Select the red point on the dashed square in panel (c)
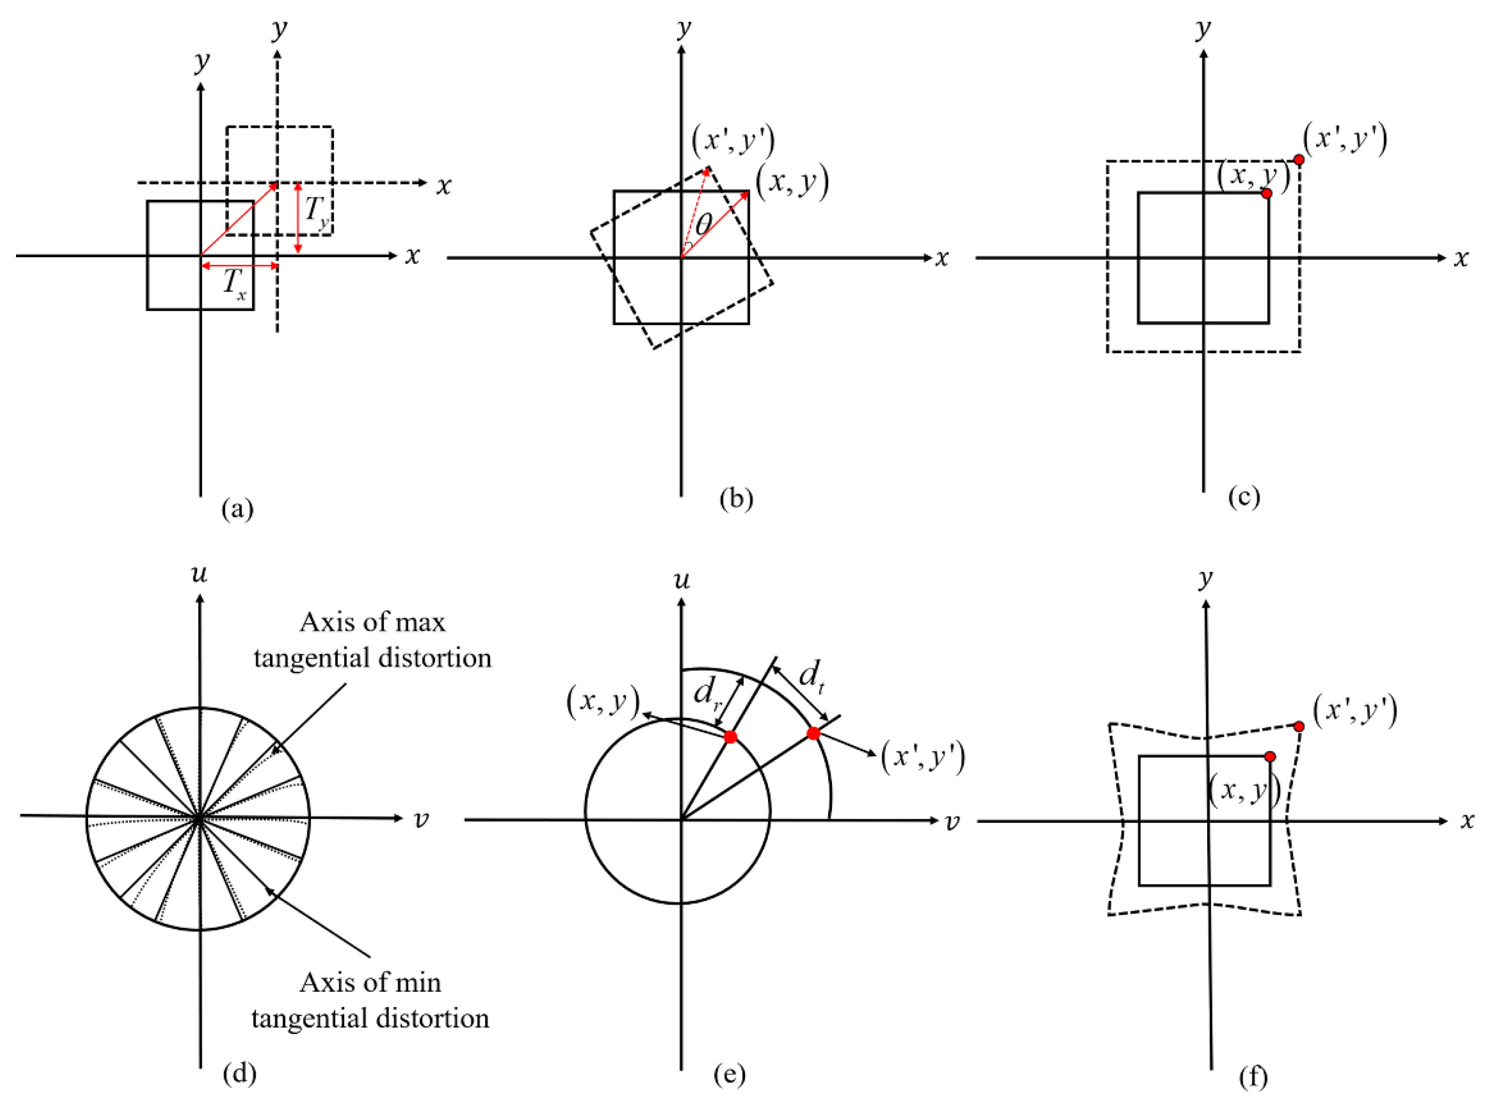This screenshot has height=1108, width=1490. [x=1299, y=160]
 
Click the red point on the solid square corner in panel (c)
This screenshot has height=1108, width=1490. [x=1266, y=193]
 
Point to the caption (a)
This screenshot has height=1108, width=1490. [x=237, y=509]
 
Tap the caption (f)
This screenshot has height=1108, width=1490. [x=1253, y=1077]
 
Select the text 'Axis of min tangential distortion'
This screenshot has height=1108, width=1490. [x=371, y=1000]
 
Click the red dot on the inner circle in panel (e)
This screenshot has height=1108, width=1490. [x=730, y=737]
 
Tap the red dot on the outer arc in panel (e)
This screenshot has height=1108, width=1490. [x=813, y=734]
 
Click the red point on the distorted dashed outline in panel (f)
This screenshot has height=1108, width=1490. [x=1299, y=726]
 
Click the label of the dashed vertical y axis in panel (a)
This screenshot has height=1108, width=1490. [x=280, y=29]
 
